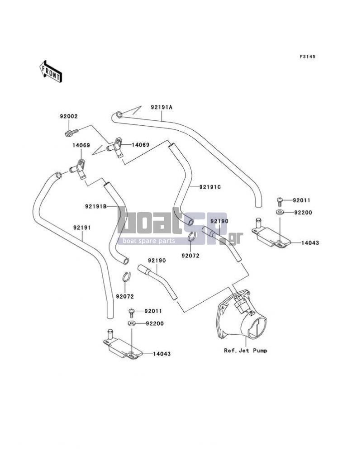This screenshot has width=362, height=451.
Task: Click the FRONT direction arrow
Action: point(50,71)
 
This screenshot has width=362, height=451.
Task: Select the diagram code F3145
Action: point(307,57)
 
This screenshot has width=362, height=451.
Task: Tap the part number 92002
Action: point(69,117)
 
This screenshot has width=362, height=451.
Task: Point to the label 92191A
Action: point(162,107)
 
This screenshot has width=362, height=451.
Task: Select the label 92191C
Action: point(210,187)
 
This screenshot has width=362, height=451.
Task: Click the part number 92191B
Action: point(96,206)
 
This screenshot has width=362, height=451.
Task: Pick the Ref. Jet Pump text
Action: point(245,351)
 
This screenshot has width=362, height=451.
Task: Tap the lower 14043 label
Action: point(162,354)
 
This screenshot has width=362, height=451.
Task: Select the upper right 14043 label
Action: point(310,243)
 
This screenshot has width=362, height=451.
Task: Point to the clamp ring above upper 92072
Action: point(192,237)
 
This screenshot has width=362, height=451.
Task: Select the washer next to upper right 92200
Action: point(280,213)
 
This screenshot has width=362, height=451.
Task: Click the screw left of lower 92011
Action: point(131,313)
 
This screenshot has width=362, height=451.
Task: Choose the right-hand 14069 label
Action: point(140,145)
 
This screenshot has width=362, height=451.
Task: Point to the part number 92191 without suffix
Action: point(82,228)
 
